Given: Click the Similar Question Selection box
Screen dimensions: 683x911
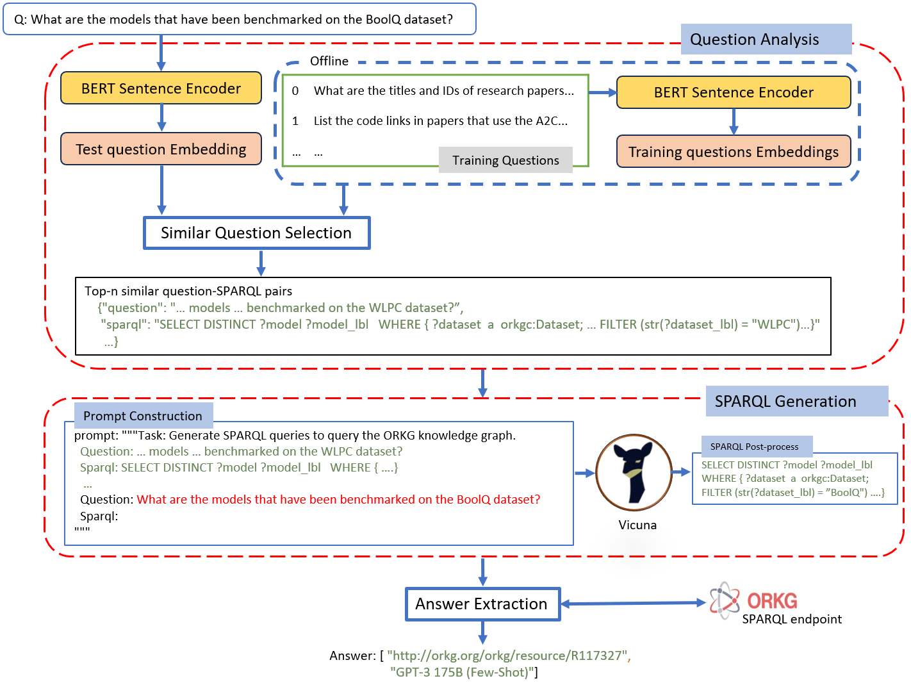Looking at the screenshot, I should (257, 233).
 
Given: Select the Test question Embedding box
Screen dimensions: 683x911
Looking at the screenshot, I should (161, 149).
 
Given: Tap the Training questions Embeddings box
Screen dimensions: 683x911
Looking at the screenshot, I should (733, 152).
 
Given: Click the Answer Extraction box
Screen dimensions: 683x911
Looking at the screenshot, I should (482, 604).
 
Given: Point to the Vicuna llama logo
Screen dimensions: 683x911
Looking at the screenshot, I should (634, 473).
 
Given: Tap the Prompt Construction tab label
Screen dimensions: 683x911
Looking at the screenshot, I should (143, 416).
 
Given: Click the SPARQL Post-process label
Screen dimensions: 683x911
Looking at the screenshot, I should (754, 447).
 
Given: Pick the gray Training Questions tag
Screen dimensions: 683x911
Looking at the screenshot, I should (505, 160).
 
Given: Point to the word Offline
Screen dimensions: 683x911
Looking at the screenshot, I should (329, 61).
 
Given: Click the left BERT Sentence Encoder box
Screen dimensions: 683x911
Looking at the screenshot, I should (161, 88).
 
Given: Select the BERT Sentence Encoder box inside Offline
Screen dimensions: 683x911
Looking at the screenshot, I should (733, 92).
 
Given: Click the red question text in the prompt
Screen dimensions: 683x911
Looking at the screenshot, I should (338, 499).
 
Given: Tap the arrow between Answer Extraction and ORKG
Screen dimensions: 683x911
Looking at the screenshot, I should (633, 603).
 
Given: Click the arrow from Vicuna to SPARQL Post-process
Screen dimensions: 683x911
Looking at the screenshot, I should (681, 472).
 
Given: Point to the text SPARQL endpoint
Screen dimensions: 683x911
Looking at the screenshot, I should (792, 619).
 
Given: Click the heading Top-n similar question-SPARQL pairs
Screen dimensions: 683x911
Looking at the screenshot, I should (188, 291).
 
